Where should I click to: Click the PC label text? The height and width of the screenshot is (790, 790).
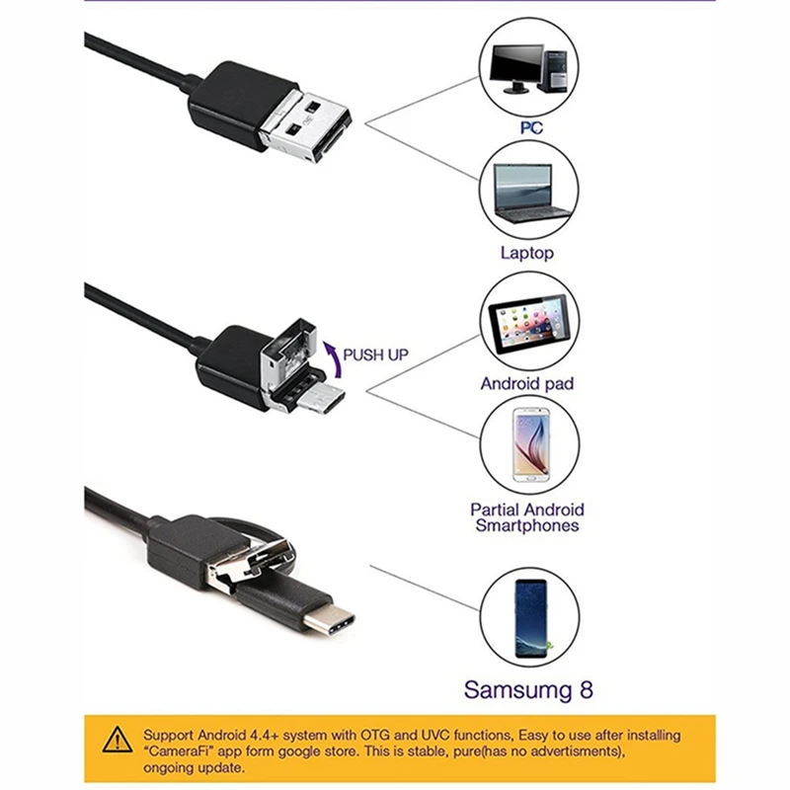530,127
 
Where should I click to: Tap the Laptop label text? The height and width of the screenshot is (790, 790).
527,253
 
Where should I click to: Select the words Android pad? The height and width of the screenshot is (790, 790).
527,383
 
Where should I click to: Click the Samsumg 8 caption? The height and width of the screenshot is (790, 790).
529,689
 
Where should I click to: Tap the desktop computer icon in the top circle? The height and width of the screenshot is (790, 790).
530,68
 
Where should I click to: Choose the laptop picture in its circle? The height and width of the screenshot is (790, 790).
530,193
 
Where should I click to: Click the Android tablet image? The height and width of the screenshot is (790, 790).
529,321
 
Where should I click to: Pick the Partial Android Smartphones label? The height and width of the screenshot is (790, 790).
527,517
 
